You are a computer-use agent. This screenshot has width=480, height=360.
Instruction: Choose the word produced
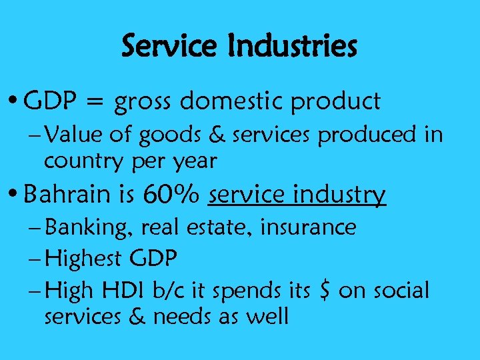click(x=365, y=135)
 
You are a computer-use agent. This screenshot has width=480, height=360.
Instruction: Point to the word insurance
click(x=308, y=227)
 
